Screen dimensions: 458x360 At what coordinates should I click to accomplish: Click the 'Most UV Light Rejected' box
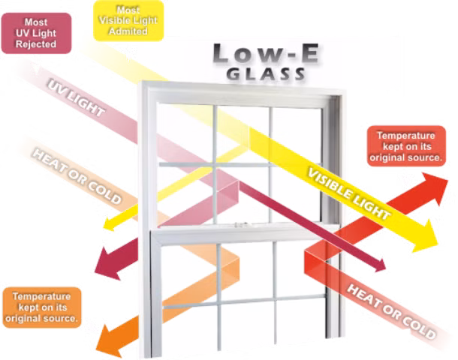pos(36,33)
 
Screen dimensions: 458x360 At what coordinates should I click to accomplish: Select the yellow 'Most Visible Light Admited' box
pos(128,21)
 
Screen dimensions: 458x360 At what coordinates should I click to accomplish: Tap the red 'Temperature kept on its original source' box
pos(406,146)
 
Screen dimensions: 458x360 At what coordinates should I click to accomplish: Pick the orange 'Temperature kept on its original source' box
pos(42,307)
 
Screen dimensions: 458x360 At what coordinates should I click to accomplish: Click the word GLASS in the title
pos(266,74)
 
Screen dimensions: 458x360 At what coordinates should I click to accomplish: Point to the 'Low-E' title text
pos(266,54)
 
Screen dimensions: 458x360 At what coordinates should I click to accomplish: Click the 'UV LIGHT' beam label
pos(76,98)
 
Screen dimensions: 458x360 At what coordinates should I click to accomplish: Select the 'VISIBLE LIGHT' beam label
pos(349,194)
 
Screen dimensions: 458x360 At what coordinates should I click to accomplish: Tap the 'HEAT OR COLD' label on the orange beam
pos(77,176)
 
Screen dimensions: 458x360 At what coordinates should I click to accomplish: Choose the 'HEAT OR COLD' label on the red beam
pos(391,311)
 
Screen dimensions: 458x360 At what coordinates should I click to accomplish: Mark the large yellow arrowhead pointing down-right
pos(424,236)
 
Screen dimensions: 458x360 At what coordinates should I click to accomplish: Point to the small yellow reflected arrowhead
pos(110,225)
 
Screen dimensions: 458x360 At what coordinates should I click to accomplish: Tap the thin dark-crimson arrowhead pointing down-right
pos(379,265)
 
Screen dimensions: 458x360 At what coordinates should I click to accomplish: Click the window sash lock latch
pos(242,225)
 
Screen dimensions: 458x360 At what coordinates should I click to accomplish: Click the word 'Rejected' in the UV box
pos(36,44)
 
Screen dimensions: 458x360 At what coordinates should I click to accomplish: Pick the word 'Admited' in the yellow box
pos(128,31)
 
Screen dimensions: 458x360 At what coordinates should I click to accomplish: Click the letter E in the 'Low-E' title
pos(309,54)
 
